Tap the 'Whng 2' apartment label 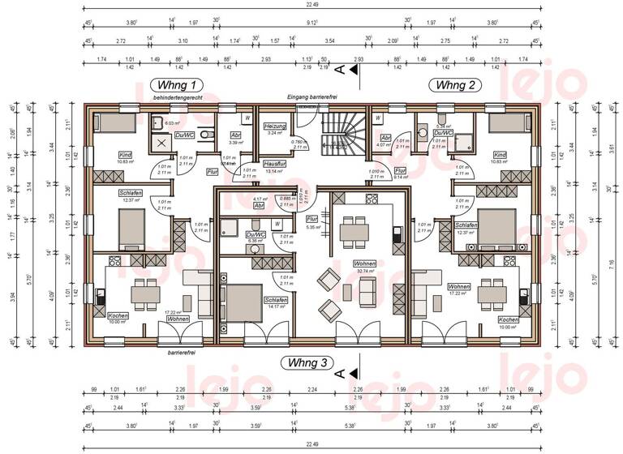[458, 85]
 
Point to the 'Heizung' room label [277, 126]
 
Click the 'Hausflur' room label [276, 164]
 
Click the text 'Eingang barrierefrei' [311, 97]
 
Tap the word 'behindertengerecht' [176, 97]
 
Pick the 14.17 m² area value [275, 306]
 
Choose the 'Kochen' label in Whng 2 [509, 319]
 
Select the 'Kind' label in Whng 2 [500, 154]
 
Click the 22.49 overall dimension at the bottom [311, 443]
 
